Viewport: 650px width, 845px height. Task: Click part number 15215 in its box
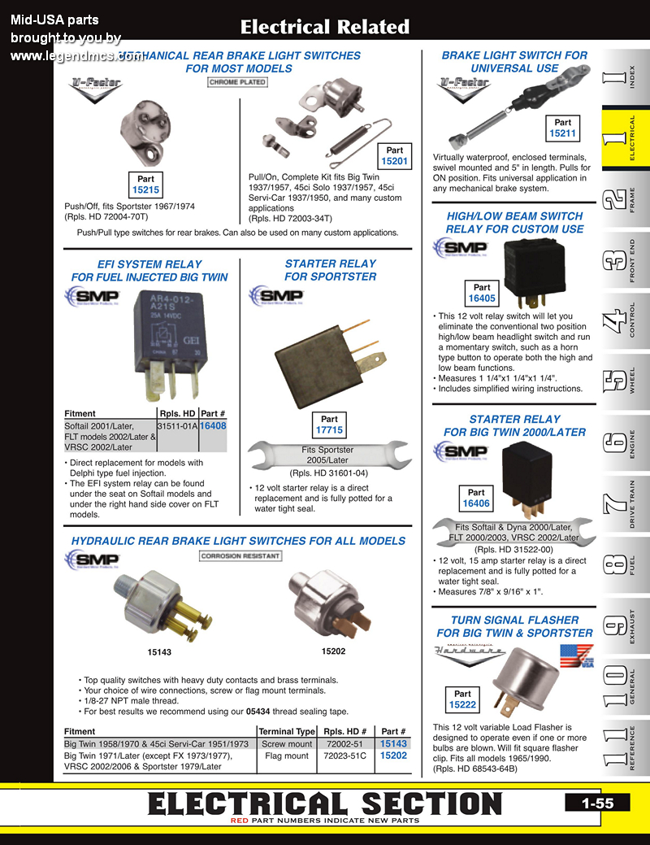tap(145, 190)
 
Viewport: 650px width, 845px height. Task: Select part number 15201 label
tap(394, 161)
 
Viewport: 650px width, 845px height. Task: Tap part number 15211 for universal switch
tap(562, 133)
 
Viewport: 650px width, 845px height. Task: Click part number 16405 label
tap(482, 298)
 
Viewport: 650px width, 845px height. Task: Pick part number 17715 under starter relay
tap(329, 430)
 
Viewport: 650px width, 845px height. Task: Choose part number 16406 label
tap(476, 503)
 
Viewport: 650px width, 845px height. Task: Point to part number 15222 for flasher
tap(462, 705)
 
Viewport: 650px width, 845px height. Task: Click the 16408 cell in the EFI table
tap(213, 425)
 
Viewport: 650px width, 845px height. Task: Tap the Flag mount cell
tap(287, 756)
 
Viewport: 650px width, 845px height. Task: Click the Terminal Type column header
tap(287, 731)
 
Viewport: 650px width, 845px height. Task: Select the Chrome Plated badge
tap(237, 83)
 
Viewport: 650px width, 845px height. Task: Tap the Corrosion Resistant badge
tap(240, 556)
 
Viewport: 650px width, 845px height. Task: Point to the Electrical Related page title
tap(324, 28)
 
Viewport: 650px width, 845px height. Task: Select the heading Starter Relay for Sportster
tap(330, 270)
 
